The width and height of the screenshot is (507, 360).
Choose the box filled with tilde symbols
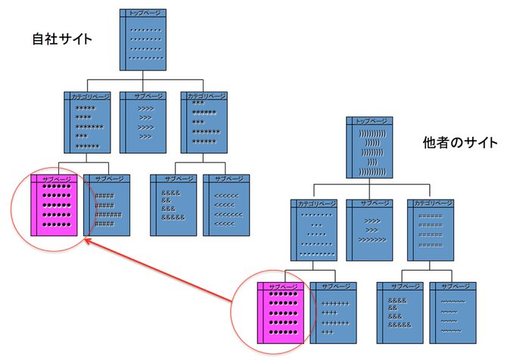pyautogui.click(x=453, y=312)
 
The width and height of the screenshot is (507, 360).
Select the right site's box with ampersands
pyautogui.click(x=400, y=312)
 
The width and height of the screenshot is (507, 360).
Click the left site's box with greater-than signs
pyautogui.click(x=143, y=122)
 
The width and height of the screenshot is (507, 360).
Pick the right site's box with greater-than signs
pyautogui.click(x=369, y=229)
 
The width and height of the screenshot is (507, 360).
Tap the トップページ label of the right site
pyautogui.click(x=370, y=121)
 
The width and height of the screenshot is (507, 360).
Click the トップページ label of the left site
pyautogui.click(x=145, y=13)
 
